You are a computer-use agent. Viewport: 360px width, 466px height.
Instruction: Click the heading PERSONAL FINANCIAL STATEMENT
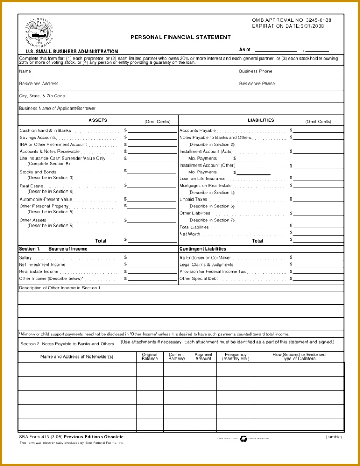181,37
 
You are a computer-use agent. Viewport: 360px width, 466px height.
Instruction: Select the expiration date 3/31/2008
312,26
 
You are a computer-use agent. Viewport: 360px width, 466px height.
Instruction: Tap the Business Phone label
255,71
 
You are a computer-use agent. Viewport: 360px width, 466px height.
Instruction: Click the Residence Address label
39,84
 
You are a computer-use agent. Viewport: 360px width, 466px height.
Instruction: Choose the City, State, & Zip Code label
42,96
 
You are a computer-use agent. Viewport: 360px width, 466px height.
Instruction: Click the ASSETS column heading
98,120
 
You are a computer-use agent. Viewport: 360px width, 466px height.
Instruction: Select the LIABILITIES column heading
261,120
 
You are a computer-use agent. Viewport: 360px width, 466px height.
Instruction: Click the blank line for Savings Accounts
152,138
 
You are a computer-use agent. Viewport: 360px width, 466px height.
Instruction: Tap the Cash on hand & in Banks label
45,130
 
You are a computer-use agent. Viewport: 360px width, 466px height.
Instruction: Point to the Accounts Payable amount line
318,131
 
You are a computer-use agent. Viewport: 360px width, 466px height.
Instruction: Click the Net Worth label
190,234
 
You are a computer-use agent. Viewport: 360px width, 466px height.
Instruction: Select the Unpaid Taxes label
194,199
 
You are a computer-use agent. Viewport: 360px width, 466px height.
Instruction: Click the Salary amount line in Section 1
152,259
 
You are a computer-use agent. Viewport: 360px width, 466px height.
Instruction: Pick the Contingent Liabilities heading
203,248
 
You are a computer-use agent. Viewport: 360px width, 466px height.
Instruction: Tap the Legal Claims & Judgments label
206,264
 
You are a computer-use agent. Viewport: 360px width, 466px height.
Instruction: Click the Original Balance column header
149,356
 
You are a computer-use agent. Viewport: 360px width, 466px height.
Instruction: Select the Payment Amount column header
203,356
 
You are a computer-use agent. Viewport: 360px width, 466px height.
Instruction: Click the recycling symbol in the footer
244,439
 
